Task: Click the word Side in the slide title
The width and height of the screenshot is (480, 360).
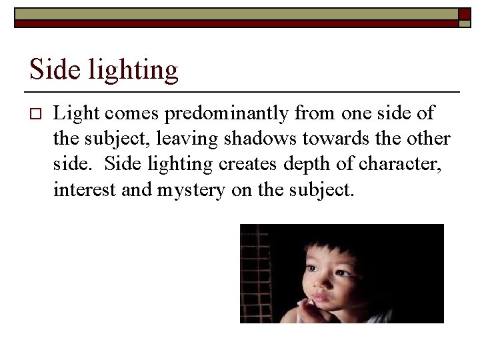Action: [x=49, y=70]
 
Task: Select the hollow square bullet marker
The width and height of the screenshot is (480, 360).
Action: [x=36, y=114]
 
